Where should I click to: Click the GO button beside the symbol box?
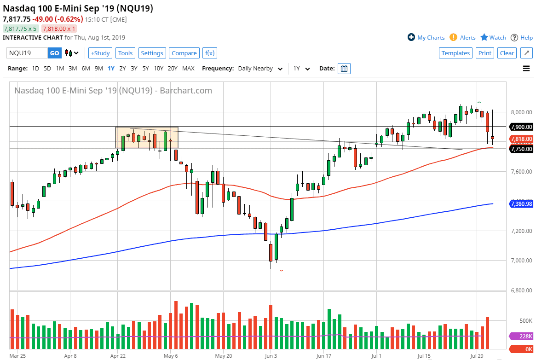[x=54, y=53]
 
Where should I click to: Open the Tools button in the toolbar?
[x=125, y=53]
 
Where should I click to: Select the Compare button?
[x=184, y=53]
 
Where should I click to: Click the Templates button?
[x=455, y=53]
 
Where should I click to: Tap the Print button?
[x=485, y=53]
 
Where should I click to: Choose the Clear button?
[x=507, y=53]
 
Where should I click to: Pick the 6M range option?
[x=86, y=69]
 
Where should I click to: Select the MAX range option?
[x=188, y=69]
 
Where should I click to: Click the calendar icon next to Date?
[x=344, y=69]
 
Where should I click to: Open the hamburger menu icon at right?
[x=526, y=69]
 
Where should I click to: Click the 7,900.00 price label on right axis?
[x=521, y=127]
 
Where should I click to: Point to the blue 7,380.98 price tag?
[x=521, y=203]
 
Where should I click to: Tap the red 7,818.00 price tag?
[x=521, y=139]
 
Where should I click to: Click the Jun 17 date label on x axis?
[x=324, y=356]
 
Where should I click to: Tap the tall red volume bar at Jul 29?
[x=487, y=334]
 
